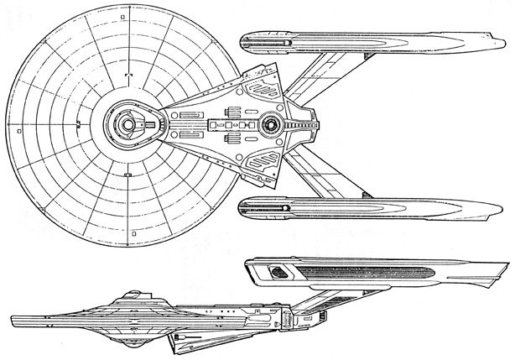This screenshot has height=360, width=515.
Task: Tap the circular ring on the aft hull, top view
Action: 271,126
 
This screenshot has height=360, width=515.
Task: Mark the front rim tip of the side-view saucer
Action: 12,321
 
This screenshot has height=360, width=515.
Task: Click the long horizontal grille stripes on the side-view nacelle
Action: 369,274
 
